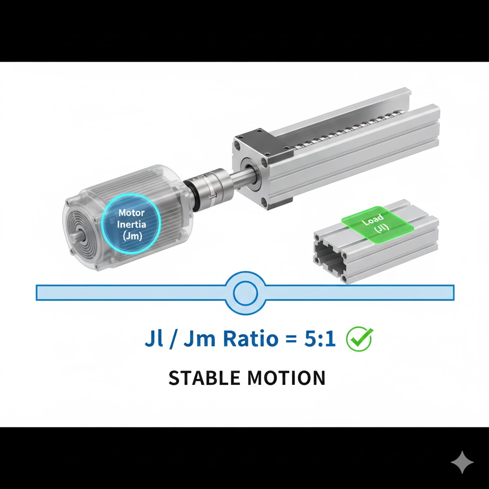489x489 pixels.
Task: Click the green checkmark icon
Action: [359, 339]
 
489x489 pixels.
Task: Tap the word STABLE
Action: [204, 378]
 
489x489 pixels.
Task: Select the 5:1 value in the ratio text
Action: [320, 340]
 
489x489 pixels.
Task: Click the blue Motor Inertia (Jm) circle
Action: [131, 224]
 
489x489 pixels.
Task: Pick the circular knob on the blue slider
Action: [245, 292]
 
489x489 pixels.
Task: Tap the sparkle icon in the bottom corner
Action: [462, 462]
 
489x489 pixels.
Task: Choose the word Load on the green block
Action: [372, 222]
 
